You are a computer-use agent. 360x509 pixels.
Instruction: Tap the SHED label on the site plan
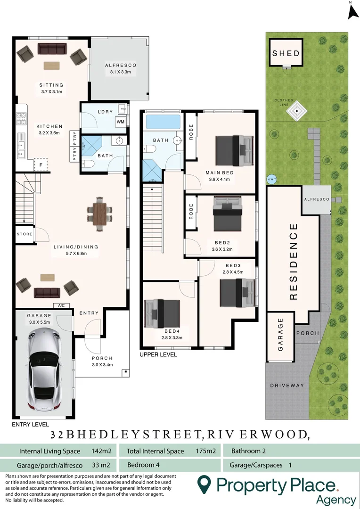tap(286, 53)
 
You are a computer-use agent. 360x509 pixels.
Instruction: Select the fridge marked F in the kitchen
tap(41, 164)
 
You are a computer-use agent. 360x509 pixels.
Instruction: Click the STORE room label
tap(25, 234)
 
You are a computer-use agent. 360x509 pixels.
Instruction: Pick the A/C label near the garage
tap(61, 305)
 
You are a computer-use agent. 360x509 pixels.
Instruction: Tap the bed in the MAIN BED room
tap(234, 151)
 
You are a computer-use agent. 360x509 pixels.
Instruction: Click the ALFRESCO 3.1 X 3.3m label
tap(121, 69)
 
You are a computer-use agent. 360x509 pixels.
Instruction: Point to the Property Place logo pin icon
tap(204, 485)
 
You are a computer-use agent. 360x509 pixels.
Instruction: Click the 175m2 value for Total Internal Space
tap(205, 451)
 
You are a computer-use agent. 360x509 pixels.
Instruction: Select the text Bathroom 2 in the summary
tap(248, 451)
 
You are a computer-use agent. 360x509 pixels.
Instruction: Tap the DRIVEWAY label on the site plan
tap(287, 386)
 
